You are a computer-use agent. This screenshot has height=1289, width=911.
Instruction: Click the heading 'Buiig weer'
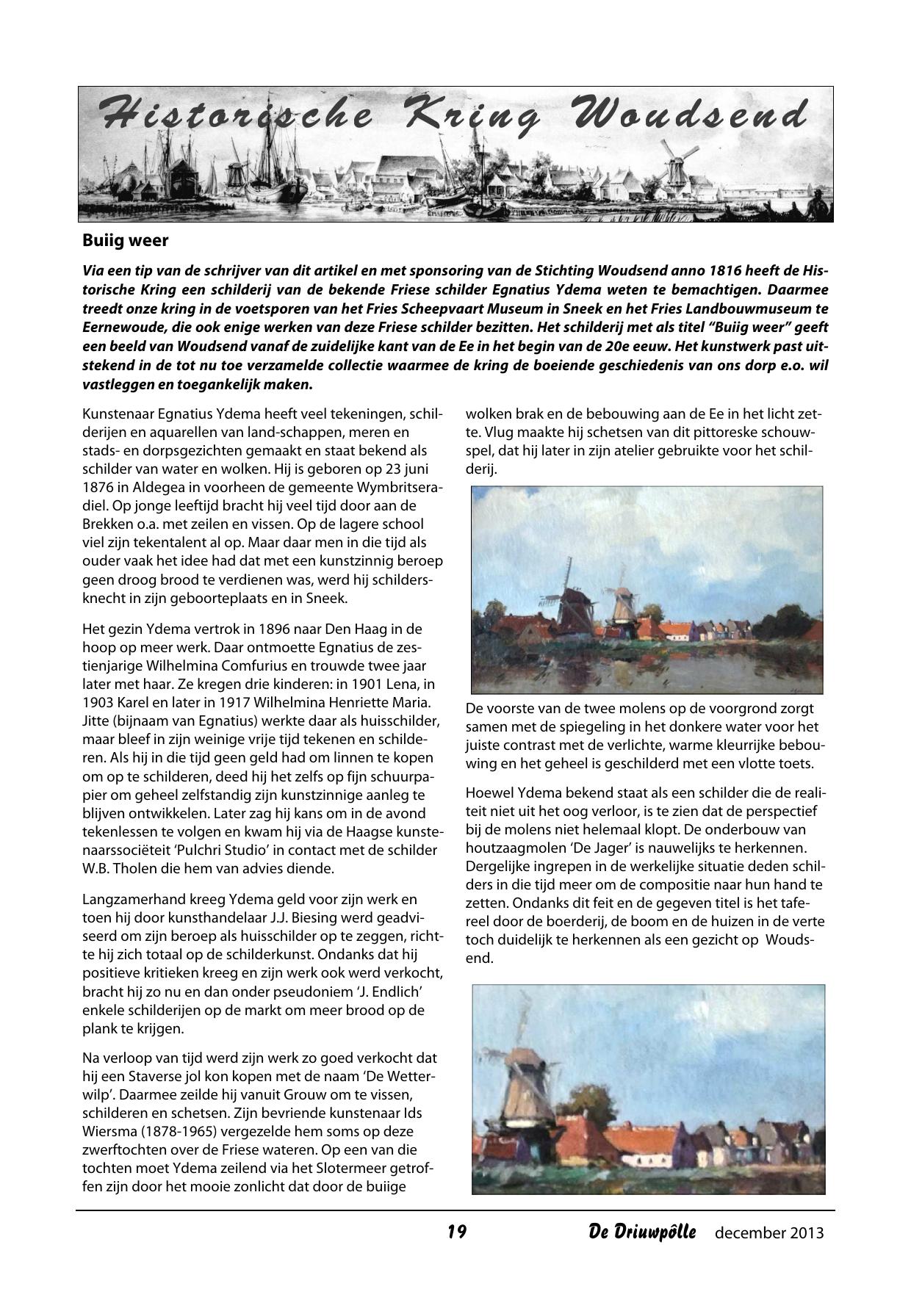[x=126, y=240]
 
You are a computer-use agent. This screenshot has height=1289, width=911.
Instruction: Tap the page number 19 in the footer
[x=457, y=1232]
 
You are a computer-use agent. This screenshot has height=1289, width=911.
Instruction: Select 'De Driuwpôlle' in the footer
[x=641, y=1232]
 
